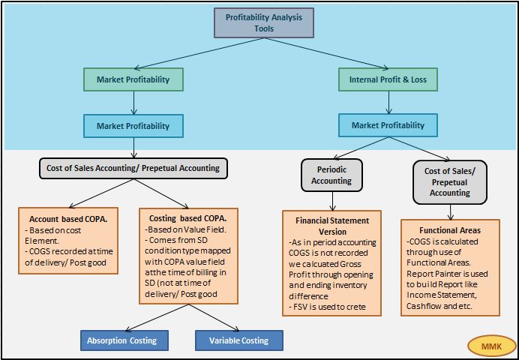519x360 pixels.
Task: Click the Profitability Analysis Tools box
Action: [x=264, y=22]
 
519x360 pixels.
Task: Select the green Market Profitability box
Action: [x=133, y=79]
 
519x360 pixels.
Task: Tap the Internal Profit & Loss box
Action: [x=388, y=79]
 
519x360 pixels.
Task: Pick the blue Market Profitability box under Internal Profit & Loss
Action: [x=388, y=125]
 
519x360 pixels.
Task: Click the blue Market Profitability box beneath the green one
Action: [x=133, y=126]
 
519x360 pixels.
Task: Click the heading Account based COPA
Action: [x=63, y=218]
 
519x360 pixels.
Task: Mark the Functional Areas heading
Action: [x=449, y=230]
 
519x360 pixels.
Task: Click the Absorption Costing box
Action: [x=121, y=340]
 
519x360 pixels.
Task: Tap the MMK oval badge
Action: [x=491, y=346]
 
